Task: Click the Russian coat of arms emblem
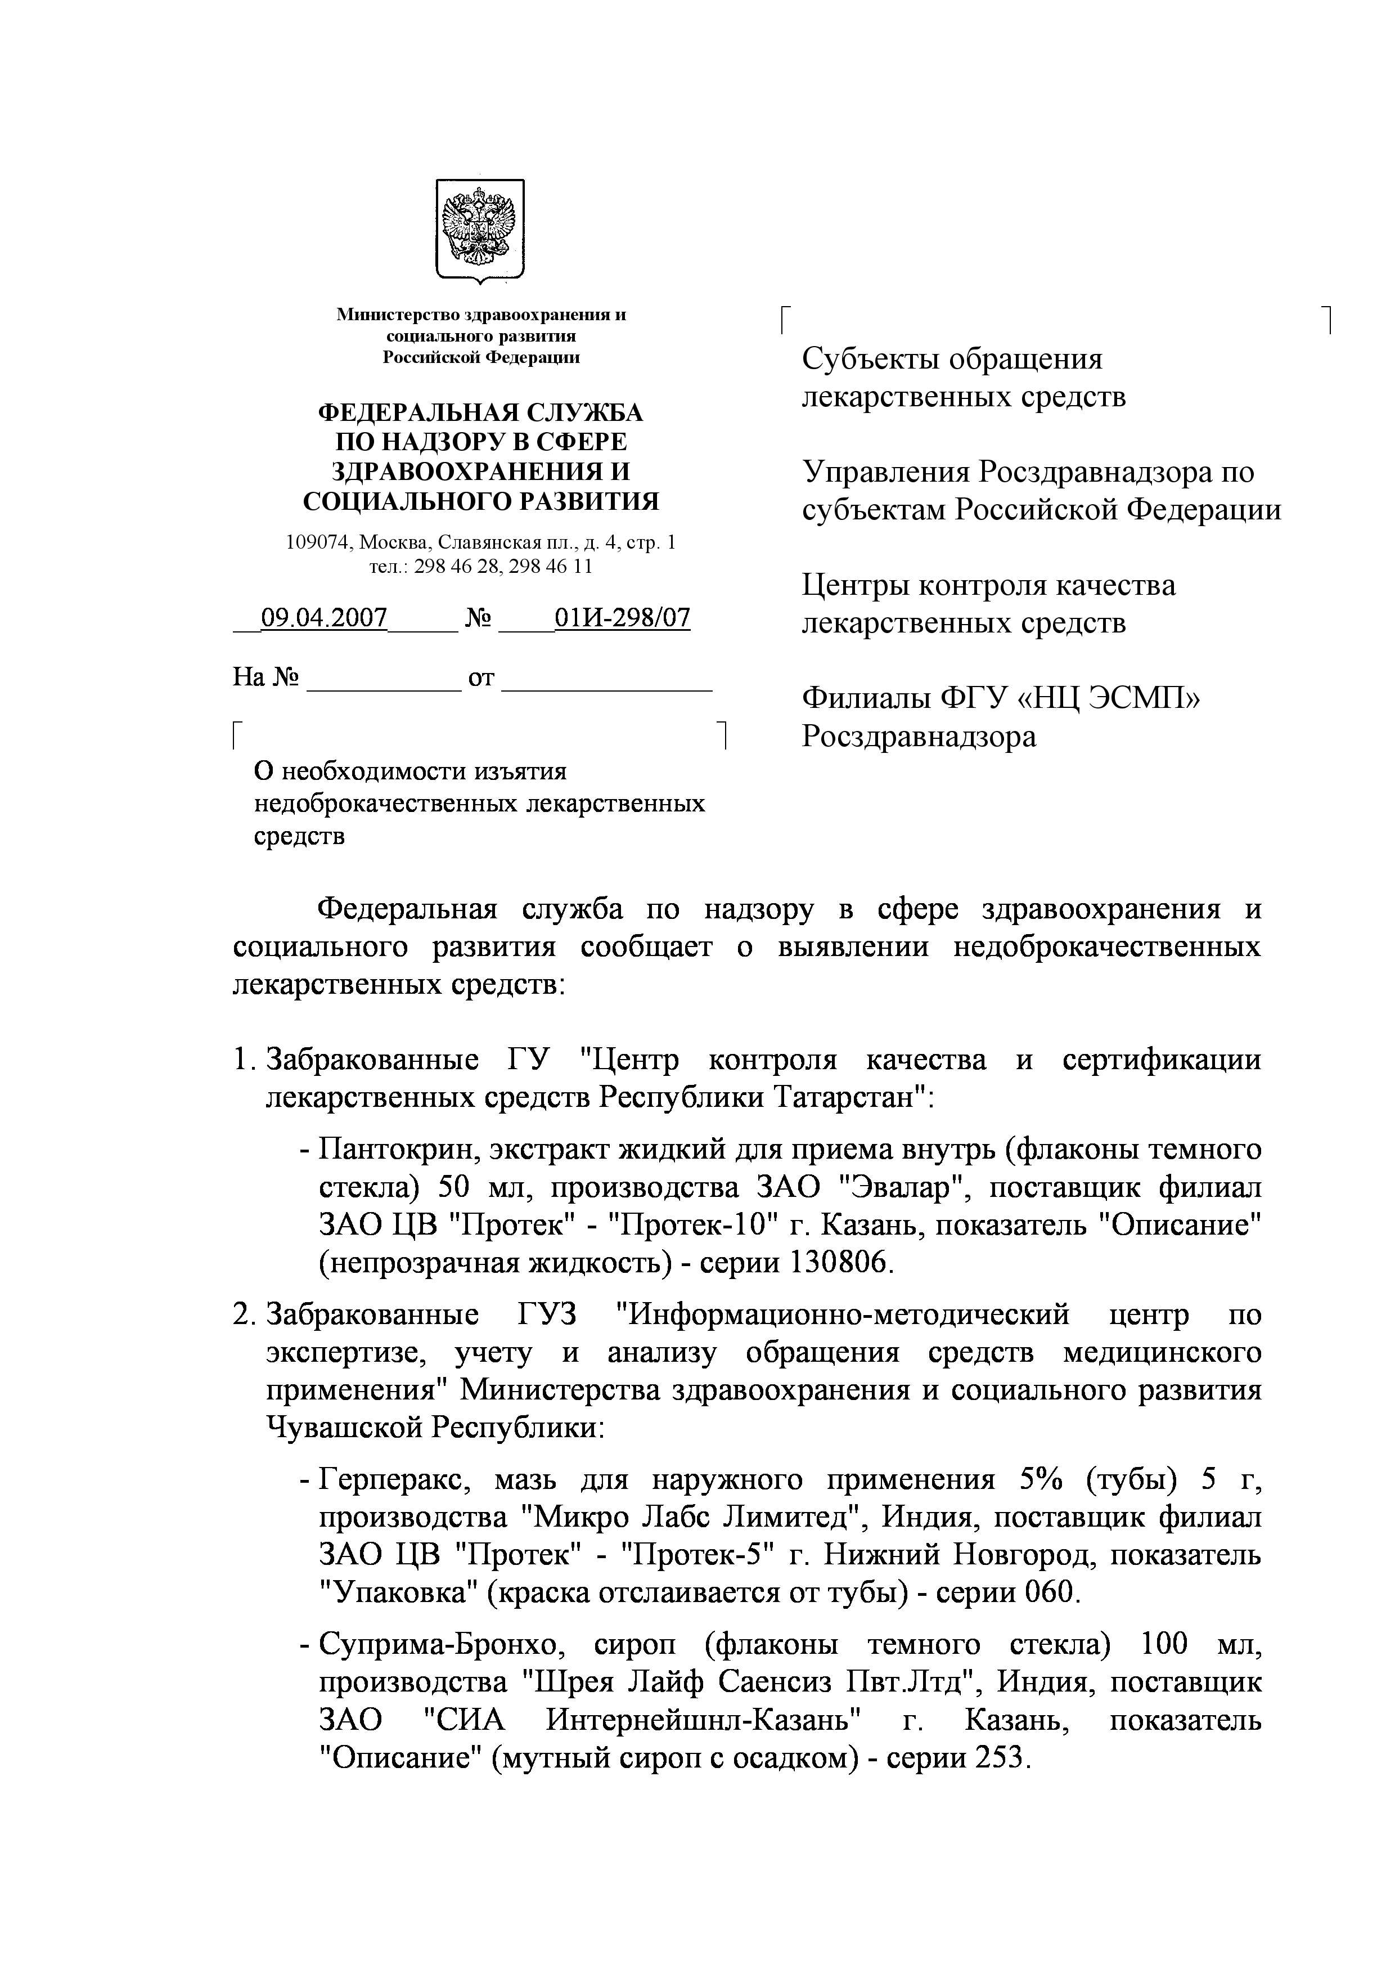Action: [480, 230]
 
